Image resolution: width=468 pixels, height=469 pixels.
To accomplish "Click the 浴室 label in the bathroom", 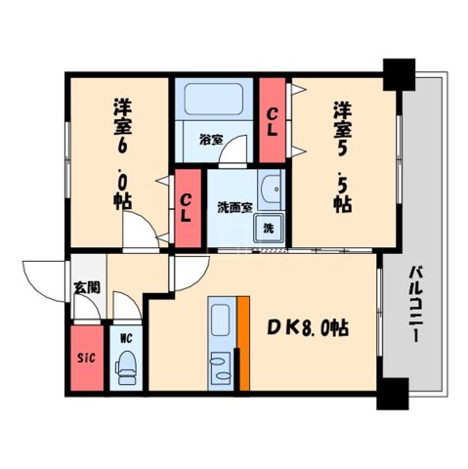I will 211,140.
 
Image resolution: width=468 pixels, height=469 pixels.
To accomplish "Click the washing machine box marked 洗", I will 268,227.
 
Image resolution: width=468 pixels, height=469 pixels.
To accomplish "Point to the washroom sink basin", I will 273,187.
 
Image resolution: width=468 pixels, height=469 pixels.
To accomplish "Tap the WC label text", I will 125,338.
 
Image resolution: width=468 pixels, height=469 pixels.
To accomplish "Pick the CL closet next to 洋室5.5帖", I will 273,119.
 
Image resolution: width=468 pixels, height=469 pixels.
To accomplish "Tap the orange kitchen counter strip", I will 243,343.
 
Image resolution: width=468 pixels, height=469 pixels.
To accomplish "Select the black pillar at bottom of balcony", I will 393,393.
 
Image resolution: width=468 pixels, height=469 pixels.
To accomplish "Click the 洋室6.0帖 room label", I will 122,151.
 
